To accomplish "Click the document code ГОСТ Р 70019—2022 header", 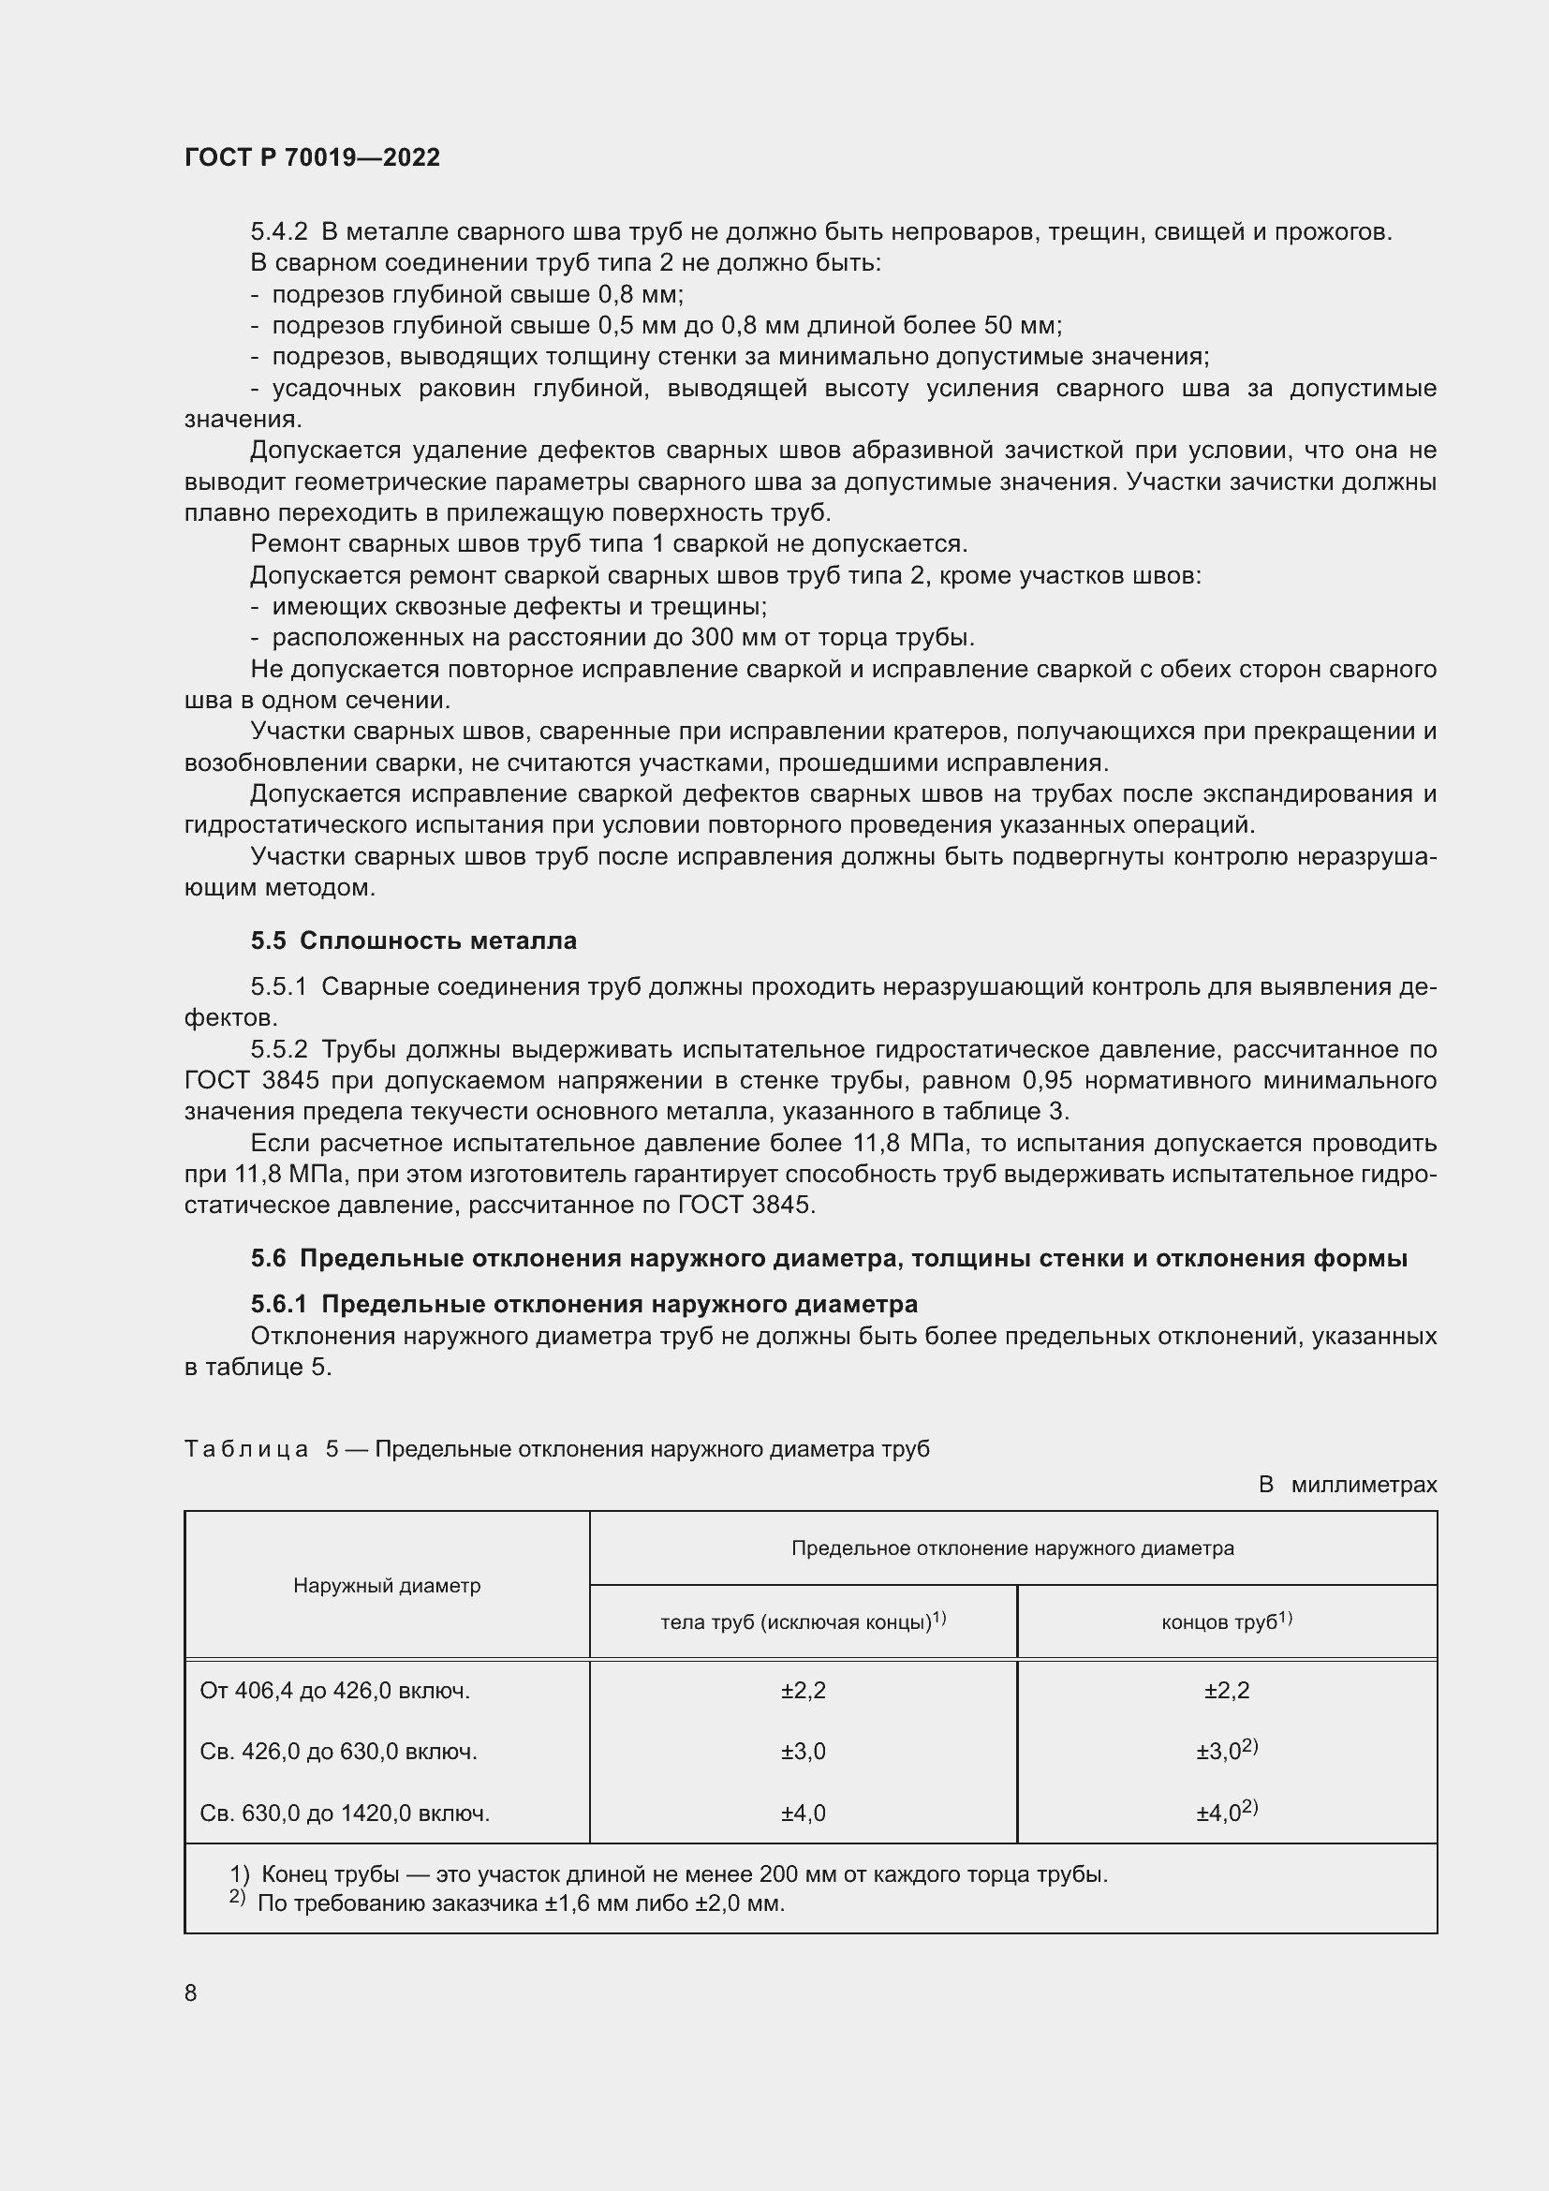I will coord(312,157).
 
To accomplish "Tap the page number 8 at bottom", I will coord(191,1992).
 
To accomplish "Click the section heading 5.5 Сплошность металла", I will coord(413,940).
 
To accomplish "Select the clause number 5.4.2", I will coord(278,232).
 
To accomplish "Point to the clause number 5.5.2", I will coord(278,1050).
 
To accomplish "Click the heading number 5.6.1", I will coord(278,1304).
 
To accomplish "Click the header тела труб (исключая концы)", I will coord(803,1621).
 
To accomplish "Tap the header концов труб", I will coord(1226,1621).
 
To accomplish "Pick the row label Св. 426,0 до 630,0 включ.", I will coord(339,1752).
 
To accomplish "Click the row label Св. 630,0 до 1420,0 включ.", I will coord(345,1813).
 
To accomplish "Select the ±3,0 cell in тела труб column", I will coord(804,1752).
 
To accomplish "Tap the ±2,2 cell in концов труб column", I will coord(1227,1691).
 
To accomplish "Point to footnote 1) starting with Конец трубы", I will coord(668,1874).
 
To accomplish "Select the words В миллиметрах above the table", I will coord(1347,1485).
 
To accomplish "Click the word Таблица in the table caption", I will coord(246,1449).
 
